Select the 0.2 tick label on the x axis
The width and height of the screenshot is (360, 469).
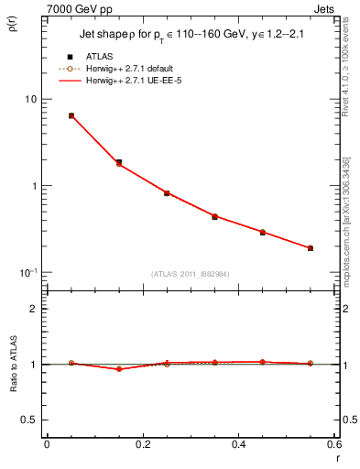tap(142, 444)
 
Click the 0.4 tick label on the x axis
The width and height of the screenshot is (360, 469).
tap(238, 444)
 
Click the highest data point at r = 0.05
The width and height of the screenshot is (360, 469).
tap(71, 115)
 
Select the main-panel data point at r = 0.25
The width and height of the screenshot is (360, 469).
tap(167, 193)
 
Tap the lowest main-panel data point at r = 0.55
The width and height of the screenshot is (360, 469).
tap(311, 247)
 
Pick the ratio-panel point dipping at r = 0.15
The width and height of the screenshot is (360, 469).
tap(119, 369)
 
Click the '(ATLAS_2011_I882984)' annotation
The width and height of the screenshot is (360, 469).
tap(190, 273)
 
